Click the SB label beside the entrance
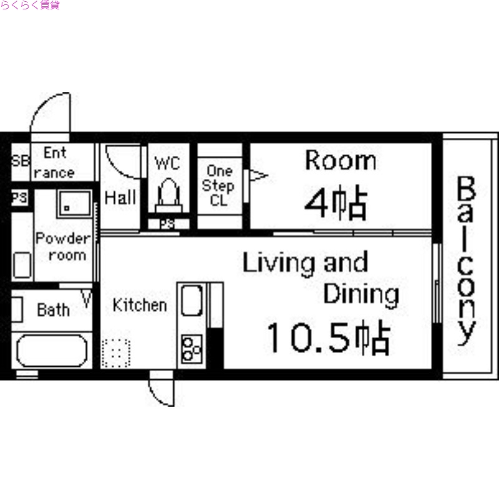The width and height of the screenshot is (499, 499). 20,161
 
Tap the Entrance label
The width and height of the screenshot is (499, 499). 54,163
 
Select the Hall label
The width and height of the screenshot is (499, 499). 120,198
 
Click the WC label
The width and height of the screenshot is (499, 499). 167,163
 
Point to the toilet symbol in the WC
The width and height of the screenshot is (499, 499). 167,195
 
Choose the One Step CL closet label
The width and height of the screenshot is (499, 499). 220,186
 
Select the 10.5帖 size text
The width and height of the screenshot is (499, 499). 328,339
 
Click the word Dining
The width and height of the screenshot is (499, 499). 361,294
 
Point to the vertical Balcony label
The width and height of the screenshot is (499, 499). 467,261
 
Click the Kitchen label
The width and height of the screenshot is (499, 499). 140,305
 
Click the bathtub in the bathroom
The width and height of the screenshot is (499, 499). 52,351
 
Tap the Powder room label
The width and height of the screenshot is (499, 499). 62,246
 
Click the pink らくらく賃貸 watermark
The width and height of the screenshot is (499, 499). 30,6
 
